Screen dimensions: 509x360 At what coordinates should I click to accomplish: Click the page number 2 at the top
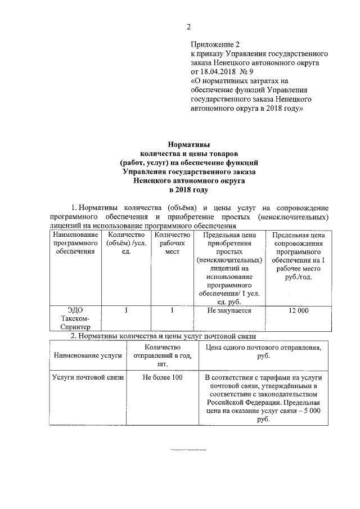[189, 27]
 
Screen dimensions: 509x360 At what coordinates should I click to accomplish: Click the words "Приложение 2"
[215, 44]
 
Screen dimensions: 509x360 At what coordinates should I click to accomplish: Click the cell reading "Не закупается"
[229, 310]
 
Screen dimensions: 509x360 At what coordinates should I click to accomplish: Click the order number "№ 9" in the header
[248, 72]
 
